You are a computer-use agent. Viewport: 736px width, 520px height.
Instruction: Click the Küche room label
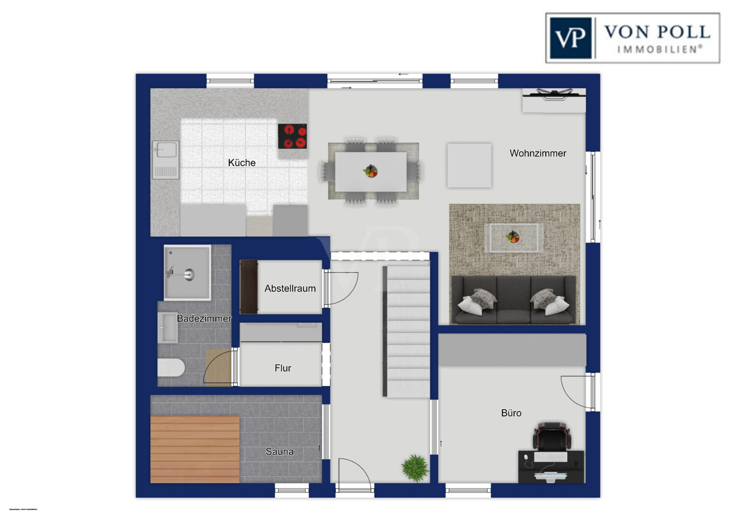click(x=241, y=162)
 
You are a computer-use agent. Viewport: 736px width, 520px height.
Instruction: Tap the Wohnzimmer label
click(x=538, y=153)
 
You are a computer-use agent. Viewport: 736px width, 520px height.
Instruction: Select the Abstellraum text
click(x=290, y=288)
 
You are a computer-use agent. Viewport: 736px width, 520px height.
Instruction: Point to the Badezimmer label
click(x=204, y=318)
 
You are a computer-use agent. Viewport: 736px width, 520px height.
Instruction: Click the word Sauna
click(x=280, y=451)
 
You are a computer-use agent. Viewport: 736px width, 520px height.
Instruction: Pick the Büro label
click(x=511, y=413)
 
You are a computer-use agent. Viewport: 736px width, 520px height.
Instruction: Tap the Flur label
click(x=283, y=368)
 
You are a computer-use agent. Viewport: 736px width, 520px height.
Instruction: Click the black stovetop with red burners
click(x=292, y=136)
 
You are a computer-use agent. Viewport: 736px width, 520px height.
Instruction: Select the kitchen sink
click(x=165, y=159)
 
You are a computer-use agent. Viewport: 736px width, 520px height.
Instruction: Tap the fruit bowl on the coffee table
click(x=513, y=237)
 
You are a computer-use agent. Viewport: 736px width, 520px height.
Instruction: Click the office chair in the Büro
click(x=552, y=436)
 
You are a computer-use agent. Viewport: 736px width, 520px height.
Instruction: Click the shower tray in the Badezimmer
click(x=187, y=272)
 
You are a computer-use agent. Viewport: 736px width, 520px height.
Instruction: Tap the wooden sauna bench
click(x=195, y=449)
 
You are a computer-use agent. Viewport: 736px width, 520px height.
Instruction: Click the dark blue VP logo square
click(x=571, y=38)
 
